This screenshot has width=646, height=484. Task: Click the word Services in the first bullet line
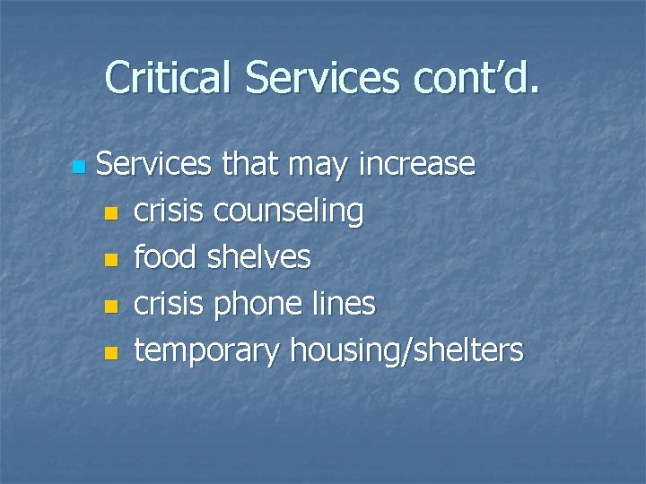[153, 164]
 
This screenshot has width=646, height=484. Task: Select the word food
[166, 257]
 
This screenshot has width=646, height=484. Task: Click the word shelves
[260, 257]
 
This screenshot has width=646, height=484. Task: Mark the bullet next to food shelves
[110, 260]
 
